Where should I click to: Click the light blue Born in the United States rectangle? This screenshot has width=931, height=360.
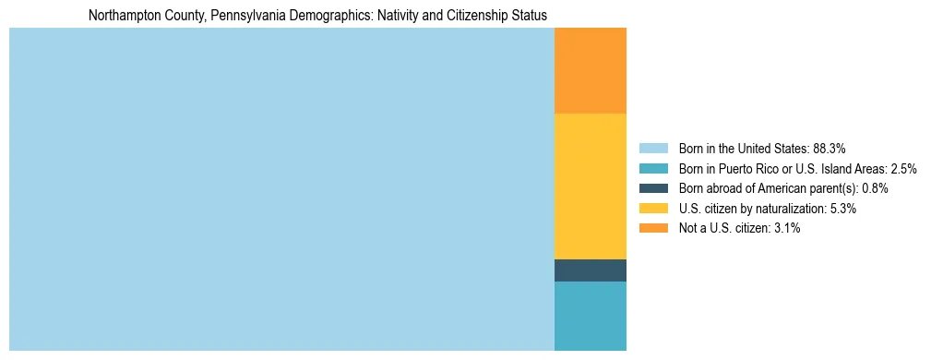tap(281, 189)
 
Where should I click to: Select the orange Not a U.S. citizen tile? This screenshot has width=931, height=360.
tap(591, 70)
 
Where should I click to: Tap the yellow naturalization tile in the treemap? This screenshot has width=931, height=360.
tap(591, 186)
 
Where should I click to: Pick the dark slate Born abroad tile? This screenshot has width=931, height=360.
tap(591, 270)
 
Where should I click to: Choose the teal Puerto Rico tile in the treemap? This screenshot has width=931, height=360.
tap(591, 316)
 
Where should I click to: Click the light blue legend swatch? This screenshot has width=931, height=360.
tap(653, 148)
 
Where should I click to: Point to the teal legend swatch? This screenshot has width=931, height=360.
tap(653, 168)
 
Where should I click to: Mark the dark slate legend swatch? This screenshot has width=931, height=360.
tap(653, 188)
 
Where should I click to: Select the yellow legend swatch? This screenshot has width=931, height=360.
tap(653, 209)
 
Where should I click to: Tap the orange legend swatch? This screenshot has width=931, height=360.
tap(653, 229)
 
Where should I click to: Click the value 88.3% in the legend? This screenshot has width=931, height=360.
tap(829, 148)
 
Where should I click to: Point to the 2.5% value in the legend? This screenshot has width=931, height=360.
tap(904, 168)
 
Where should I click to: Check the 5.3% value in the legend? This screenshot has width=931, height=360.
tap(843, 209)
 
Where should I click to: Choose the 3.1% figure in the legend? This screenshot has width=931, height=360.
tap(787, 229)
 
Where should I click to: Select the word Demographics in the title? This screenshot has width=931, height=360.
tap(323, 16)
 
